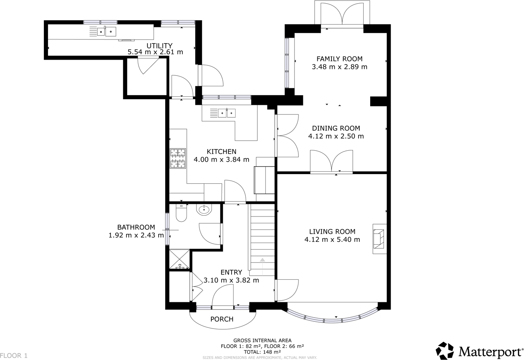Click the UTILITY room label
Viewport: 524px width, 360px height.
(159, 46)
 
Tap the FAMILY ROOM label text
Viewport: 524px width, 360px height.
(339, 59)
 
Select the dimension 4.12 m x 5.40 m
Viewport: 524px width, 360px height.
(332, 239)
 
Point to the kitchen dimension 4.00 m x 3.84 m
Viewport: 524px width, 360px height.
(221, 160)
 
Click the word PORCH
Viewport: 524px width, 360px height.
(222, 319)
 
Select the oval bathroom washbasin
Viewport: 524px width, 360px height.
(204, 209)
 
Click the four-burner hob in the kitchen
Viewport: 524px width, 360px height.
(178, 158)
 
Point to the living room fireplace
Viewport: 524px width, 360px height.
(379, 239)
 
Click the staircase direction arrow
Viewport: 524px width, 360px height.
(262, 260)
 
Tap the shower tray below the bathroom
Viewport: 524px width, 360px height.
(179, 259)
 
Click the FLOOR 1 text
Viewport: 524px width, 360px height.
(14, 356)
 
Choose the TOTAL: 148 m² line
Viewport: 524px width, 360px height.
(262, 352)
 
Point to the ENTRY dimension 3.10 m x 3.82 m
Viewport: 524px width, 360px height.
(231, 280)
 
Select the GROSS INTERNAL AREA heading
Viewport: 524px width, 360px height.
(262, 341)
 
